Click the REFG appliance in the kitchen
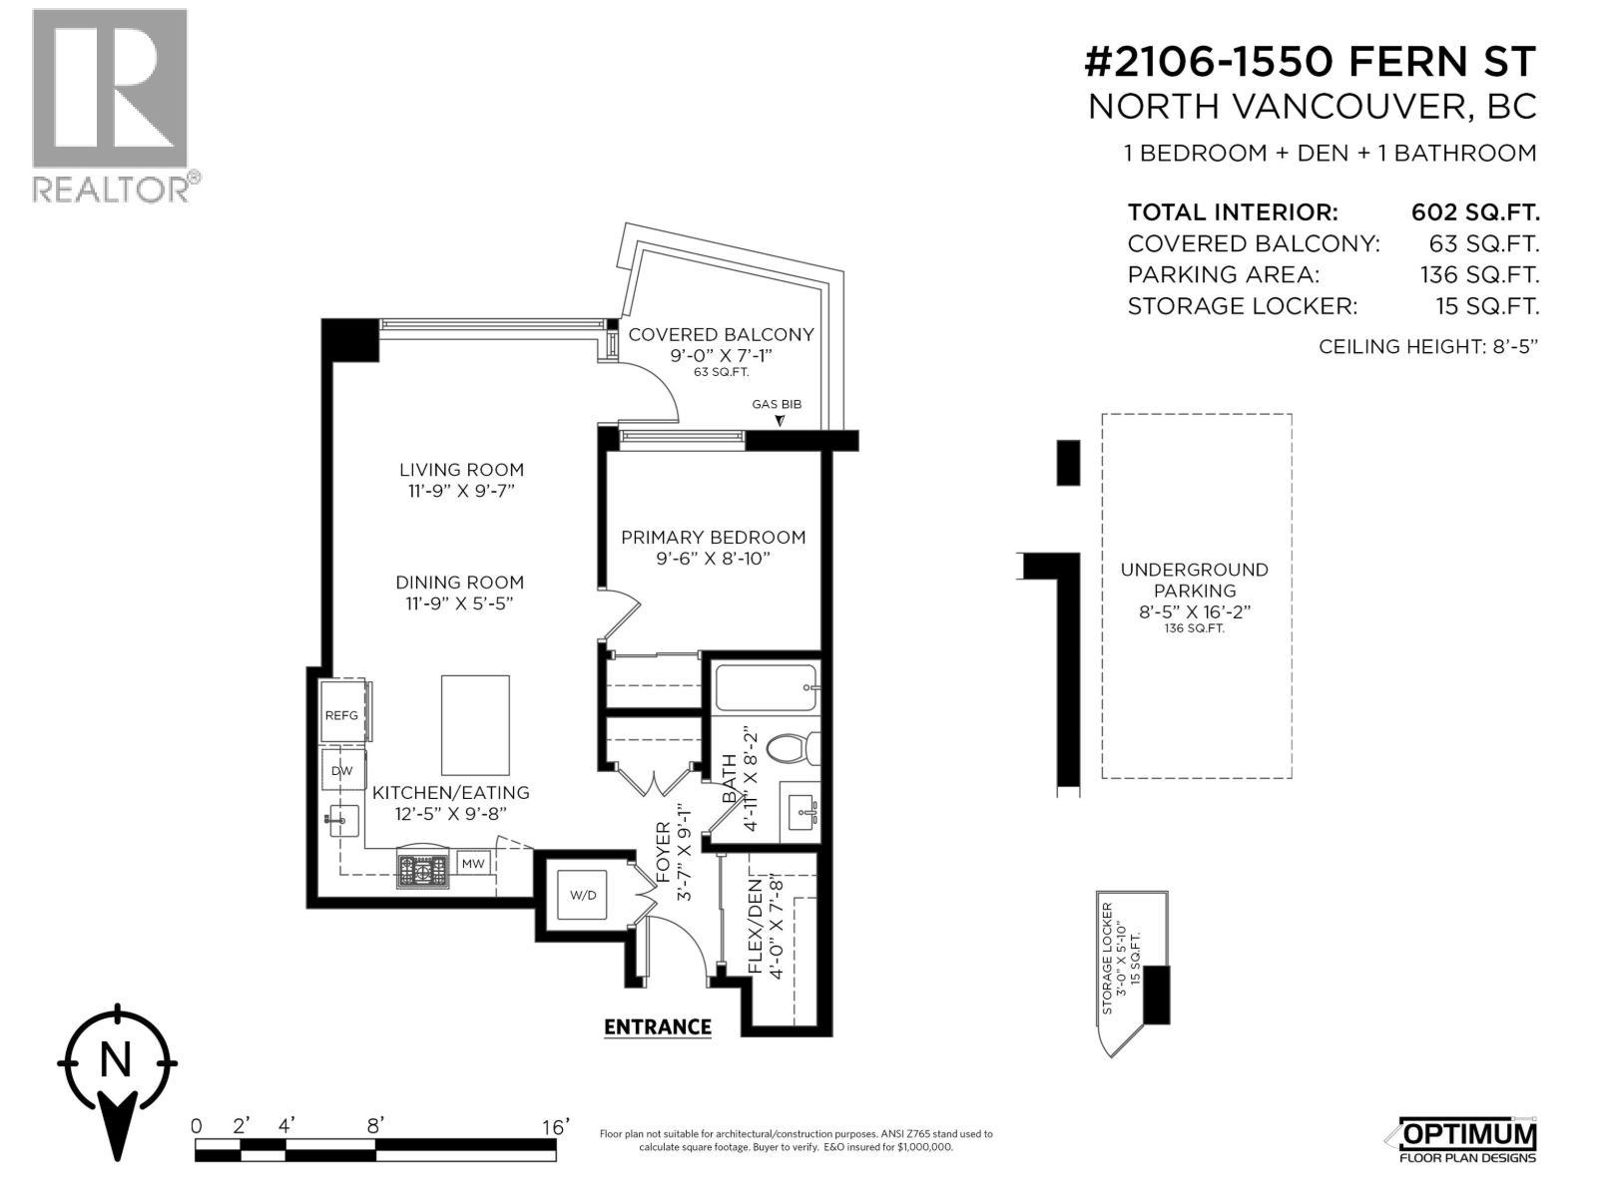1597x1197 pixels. coord(341,714)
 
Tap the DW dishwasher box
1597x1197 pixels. coord(341,770)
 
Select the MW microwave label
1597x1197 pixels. coord(473,863)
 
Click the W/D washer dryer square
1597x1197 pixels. coord(583,895)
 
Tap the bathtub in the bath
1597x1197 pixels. coord(766,687)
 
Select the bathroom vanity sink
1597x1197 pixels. coord(801,813)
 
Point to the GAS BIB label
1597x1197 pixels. coord(777,404)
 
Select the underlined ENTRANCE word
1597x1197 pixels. coord(658,1027)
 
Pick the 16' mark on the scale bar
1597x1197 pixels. coord(555,1126)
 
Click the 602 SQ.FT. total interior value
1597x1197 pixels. coord(1475,212)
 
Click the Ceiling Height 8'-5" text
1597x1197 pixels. coord(1428,347)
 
